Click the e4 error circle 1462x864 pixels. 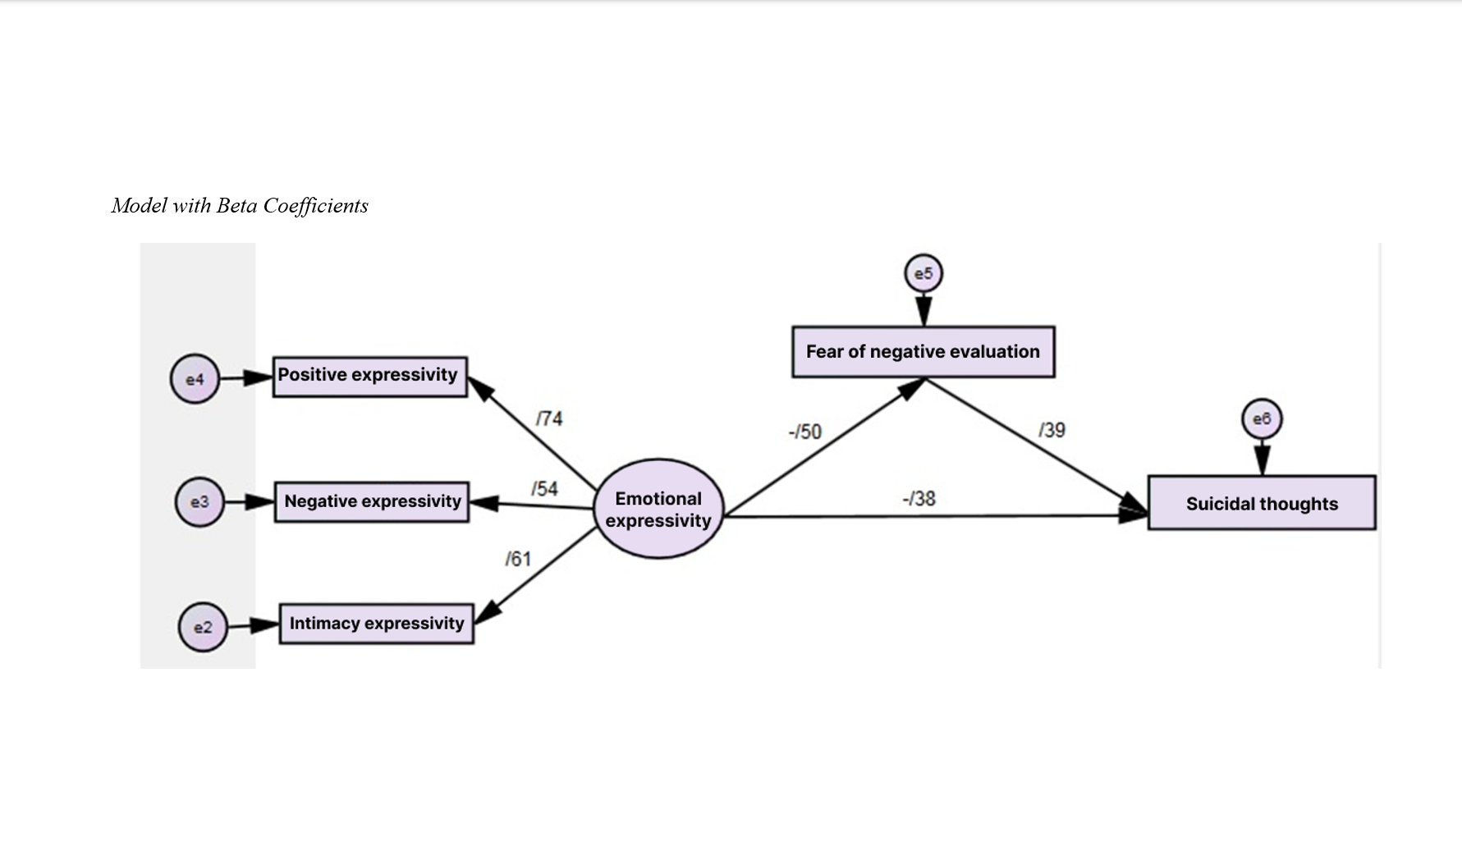click(x=195, y=379)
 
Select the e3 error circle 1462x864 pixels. click(x=199, y=502)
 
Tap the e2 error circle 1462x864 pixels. click(x=203, y=627)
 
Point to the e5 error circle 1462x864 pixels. click(x=923, y=273)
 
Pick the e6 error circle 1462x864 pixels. click(x=1262, y=419)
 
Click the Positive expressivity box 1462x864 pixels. click(x=369, y=377)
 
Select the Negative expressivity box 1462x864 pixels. click(x=372, y=501)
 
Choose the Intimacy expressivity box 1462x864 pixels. click(x=377, y=624)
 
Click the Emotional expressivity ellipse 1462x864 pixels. click(x=658, y=509)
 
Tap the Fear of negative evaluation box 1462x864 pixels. click(x=923, y=352)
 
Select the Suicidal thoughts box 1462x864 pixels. click(x=1262, y=503)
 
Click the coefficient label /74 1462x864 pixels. click(x=549, y=418)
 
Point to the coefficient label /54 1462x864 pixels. click(x=544, y=489)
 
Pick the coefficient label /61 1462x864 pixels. click(x=518, y=559)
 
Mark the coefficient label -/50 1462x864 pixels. click(x=804, y=432)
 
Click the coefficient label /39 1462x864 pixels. click(x=1052, y=430)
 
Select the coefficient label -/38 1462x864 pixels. click(x=919, y=498)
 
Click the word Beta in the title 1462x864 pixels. click(x=236, y=205)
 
